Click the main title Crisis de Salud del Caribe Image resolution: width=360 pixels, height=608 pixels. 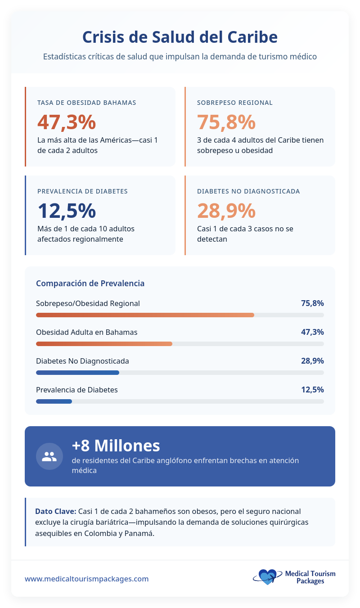coord(180,37)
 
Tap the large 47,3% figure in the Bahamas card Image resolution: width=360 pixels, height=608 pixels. coord(67,122)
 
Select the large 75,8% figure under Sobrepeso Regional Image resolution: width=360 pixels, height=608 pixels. coord(226,122)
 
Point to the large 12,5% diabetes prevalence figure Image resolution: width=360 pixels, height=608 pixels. coord(67,211)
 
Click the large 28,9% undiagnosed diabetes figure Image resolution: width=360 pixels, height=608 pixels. coord(226,211)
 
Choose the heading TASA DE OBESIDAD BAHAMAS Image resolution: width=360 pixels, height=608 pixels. coord(87,103)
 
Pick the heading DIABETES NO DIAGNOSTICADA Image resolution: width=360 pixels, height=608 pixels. coord(248,191)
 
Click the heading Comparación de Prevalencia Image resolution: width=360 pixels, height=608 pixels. coord(90,284)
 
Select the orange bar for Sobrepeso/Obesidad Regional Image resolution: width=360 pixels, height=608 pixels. coord(145,315)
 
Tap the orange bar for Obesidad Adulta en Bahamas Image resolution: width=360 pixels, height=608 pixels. coord(104,344)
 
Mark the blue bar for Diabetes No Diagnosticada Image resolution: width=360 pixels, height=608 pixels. coord(77,373)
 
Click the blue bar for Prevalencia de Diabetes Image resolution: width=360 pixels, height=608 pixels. coord(54,401)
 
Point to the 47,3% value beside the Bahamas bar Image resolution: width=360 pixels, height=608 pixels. coord(312,332)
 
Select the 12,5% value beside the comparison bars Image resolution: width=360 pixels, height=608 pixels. coord(312,390)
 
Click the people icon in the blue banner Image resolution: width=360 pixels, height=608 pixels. coord(49,456)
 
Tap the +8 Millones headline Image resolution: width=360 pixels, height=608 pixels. coord(116,446)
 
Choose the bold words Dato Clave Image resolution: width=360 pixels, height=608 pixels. coord(55,512)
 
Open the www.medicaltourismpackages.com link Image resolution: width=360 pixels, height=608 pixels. coord(86,579)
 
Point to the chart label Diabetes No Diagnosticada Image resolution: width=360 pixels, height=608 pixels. coord(82,361)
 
